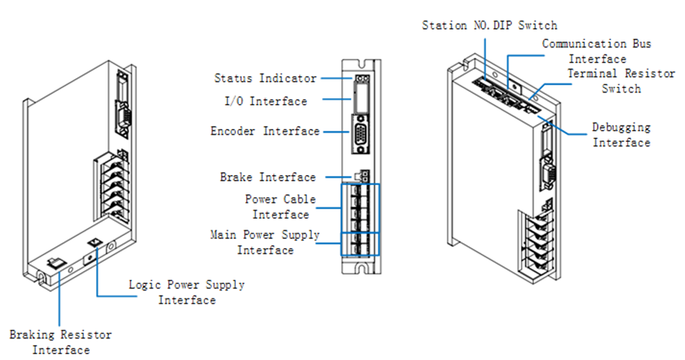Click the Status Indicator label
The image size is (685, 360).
coord(265,78)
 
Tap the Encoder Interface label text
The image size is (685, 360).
coord(265,131)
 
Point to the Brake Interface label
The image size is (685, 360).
coord(267,177)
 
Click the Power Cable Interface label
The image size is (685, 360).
coord(280,207)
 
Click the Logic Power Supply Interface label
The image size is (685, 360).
coord(186,292)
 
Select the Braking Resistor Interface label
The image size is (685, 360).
coord(61,342)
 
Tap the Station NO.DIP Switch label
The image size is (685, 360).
coord(489,25)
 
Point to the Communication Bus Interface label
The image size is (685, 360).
coord(597,51)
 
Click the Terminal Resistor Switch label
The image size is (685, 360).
coord(621,80)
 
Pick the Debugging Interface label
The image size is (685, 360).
coord(621,135)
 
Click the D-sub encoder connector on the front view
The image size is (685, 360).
coord(361,136)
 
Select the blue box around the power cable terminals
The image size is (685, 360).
coord(360,208)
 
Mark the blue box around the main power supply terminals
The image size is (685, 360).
coord(360,243)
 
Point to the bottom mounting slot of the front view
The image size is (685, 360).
coord(363,270)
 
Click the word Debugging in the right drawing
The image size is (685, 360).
coord(621,128)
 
